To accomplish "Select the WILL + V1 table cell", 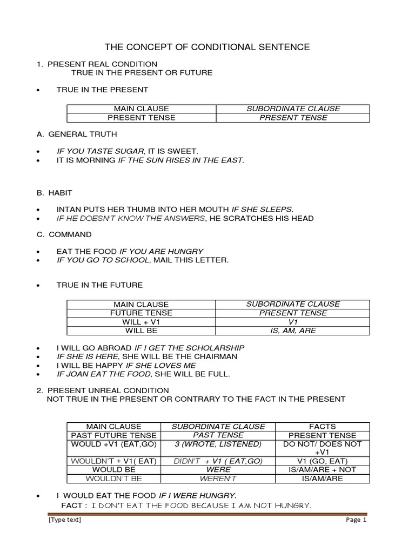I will point(141,322).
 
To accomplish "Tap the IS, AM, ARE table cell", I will point(293,331).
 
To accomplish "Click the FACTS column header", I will point(323,426).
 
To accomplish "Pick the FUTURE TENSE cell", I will point(141,313).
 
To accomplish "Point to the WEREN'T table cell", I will point(218,478).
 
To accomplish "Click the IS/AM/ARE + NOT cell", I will point(323,469).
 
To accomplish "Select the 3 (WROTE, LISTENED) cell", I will point(218,444).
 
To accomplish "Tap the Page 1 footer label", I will point(356,520).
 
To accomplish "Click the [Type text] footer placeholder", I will point(64,520).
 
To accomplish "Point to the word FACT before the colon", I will point(71,505).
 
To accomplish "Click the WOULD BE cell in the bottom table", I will point(114,469).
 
